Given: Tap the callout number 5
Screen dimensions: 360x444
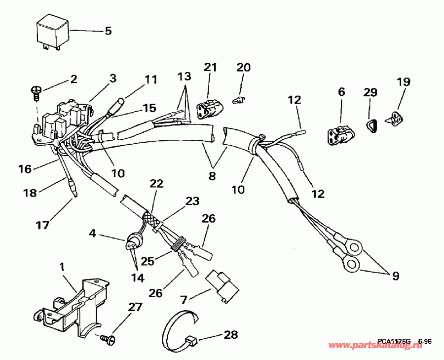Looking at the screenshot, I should coord(108,31).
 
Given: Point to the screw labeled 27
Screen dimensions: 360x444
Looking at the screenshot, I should coord(110,338).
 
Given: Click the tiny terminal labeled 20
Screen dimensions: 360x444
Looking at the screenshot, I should coord(238,101).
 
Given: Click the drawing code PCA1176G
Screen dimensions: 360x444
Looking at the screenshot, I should coord(395,341).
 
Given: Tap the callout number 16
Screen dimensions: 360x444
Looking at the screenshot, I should coord(24,169).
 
